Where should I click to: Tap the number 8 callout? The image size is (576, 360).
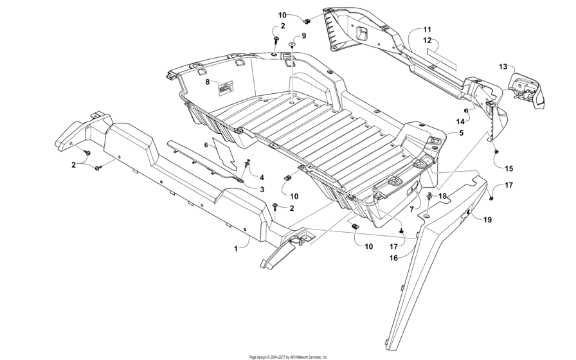pos(208,82)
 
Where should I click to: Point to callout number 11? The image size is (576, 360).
pos(427,30)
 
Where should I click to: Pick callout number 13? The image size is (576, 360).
pos(503,66)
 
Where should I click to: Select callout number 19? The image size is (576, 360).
pos(487,220)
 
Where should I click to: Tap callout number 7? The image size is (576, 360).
pos(411,210)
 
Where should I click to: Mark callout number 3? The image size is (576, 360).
pos(262,189)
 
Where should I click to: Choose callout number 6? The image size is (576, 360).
pos(206,146)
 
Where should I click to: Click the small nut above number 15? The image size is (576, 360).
pos(496,150)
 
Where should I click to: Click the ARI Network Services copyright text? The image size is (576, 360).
pos(288,356)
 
